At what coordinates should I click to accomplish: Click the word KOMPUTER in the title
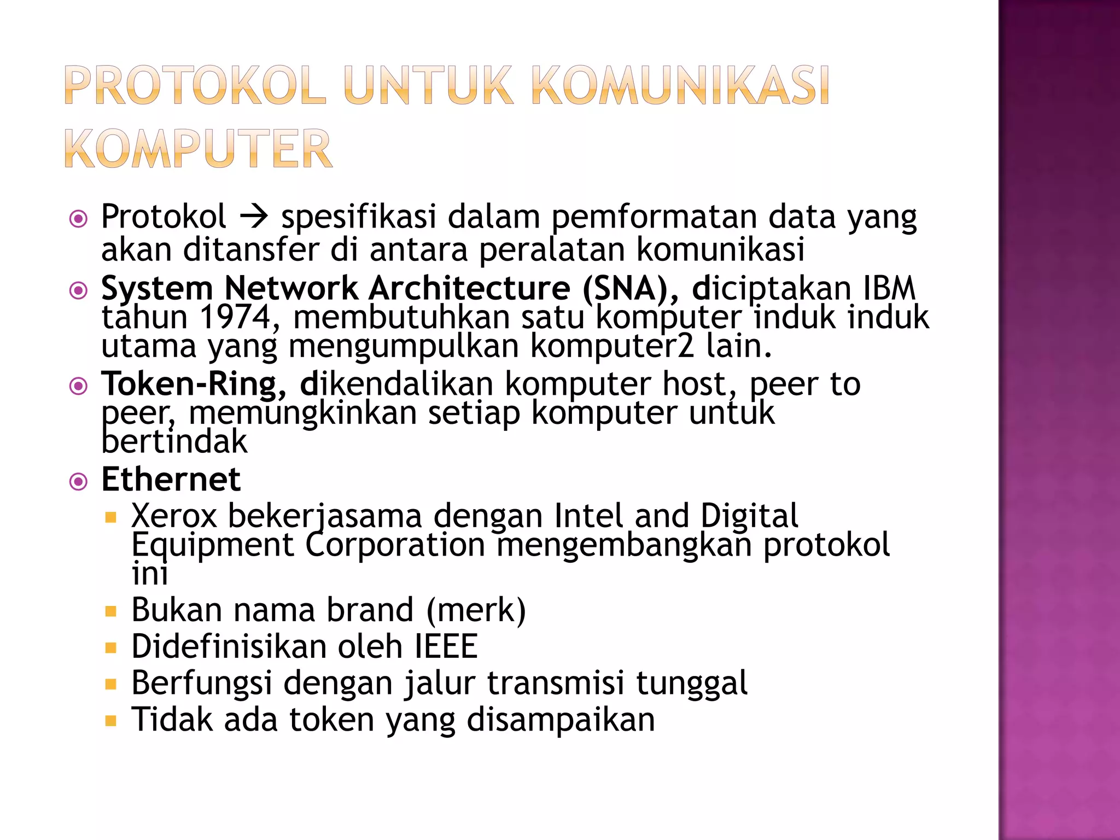[x=198, y=148]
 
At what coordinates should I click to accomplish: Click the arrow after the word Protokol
[x=254, y=217]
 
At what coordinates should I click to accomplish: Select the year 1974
[x=236, y=317]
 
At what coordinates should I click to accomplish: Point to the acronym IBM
[x=889, y=288]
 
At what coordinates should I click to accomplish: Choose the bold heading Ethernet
[x=171, y=480]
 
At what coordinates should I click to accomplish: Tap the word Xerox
[x=174, y=516]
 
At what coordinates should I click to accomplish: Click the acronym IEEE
[x=446, y=646]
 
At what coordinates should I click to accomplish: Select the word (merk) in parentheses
[x=476, y=610]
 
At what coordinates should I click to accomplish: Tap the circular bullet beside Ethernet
[x=79, y=482]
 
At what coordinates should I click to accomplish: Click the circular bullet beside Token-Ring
[x=79, y=386]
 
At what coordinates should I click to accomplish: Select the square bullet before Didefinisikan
[x=111, y=649]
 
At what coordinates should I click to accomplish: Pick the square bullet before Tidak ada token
[x=111, y=721]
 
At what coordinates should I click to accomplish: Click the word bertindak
[x=174, y=442]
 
